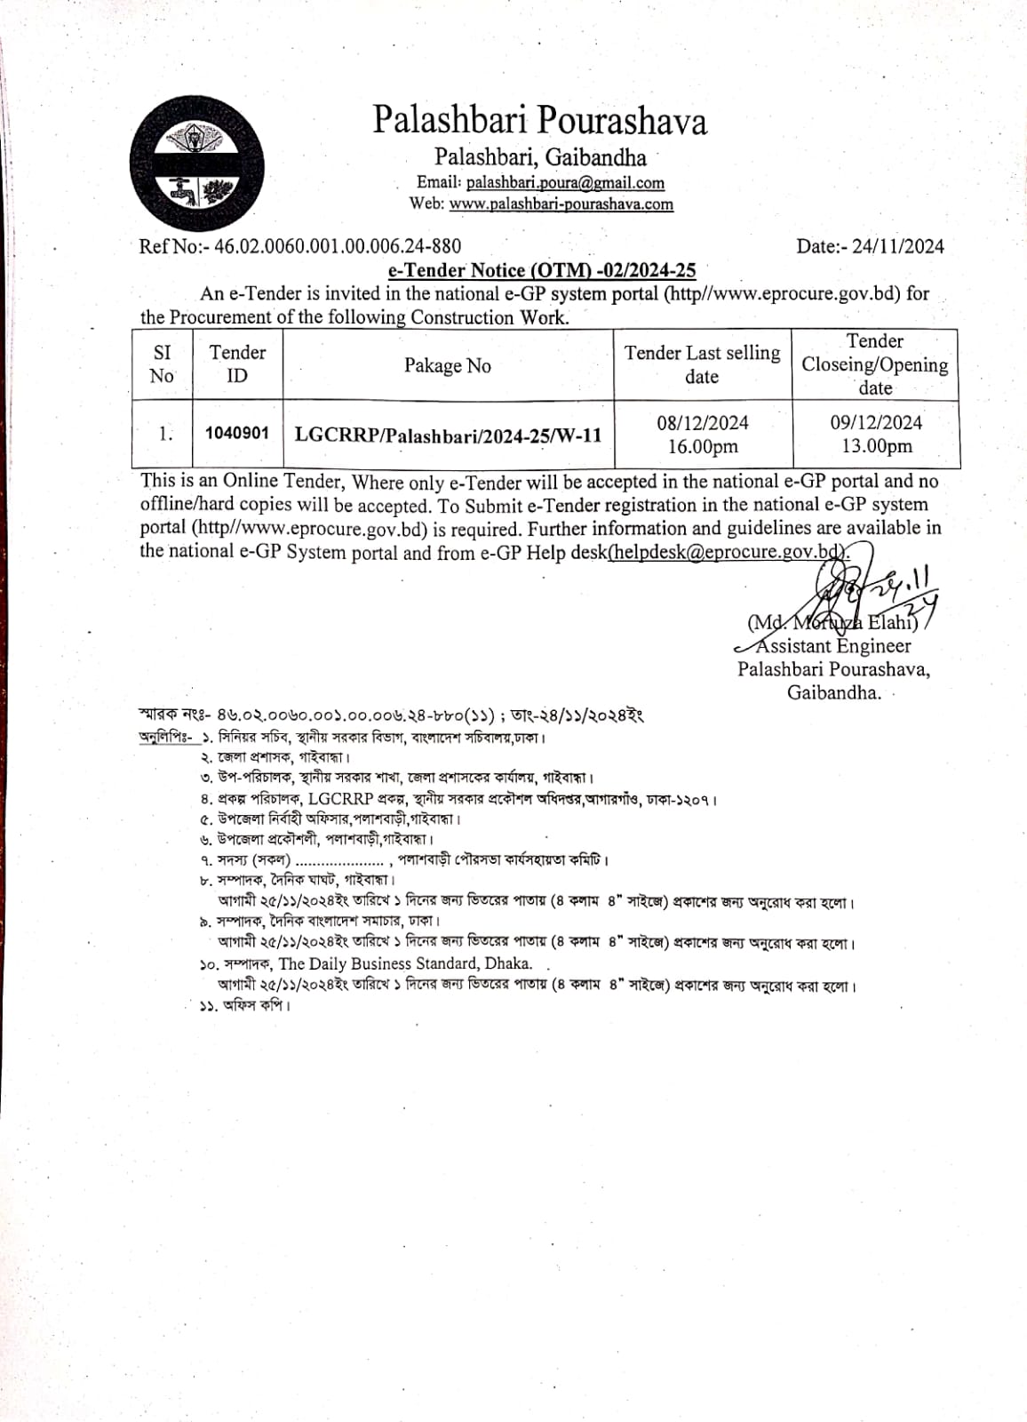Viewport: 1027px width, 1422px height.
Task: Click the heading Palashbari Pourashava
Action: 539,121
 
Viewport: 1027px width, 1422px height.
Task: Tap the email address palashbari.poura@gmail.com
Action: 565,182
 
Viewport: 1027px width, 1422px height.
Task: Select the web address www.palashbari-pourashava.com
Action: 561,204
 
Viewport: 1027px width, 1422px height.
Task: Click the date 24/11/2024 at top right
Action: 897,246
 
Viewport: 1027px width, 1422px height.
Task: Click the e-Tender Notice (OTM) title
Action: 542,270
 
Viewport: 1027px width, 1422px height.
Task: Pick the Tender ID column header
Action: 237,363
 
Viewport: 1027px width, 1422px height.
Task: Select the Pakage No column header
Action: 448,365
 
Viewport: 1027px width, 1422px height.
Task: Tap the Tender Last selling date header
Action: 702,364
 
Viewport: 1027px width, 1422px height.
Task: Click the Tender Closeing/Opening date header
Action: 875,364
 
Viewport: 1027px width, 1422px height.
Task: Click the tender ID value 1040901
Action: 236,433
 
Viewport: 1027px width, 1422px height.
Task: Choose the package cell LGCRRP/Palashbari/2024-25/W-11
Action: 448,435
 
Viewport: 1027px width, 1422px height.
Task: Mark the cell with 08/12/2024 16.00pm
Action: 703,435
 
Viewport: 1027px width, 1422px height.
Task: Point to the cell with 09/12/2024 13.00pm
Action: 876,435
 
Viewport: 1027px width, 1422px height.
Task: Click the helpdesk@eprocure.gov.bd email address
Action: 726,552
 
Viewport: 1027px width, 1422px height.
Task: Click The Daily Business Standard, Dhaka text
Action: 405,963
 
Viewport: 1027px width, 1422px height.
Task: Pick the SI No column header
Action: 162,363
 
